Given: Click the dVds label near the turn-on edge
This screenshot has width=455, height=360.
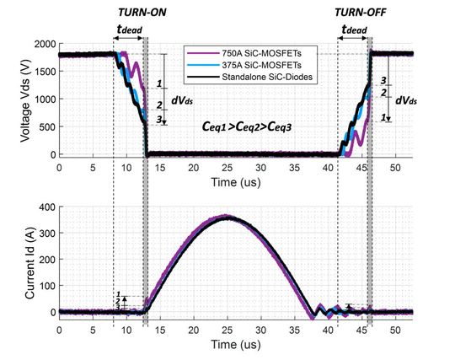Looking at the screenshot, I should [x=183, y=100].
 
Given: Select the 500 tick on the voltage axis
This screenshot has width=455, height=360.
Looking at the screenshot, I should [x=44, y=127].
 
